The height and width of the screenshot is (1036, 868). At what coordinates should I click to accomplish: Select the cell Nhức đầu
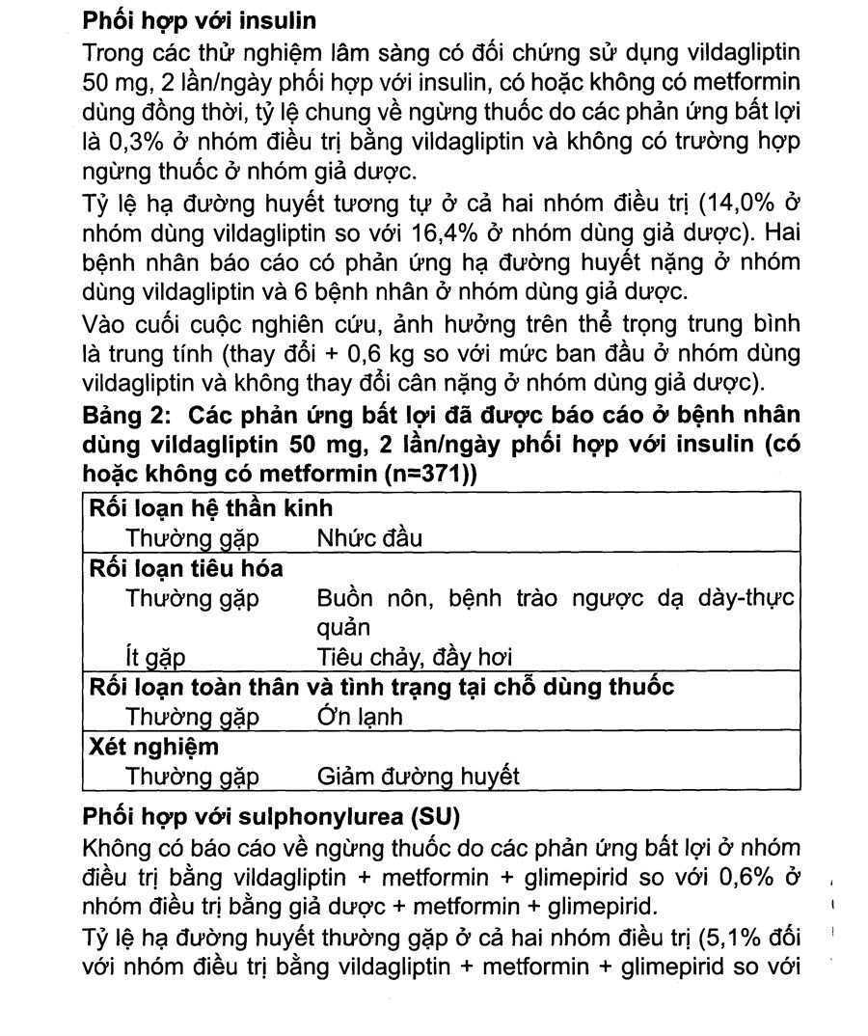pos(369,538)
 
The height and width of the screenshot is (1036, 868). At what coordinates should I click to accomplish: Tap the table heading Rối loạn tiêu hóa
pos(186,568)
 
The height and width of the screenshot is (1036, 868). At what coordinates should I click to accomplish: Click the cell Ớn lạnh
pos(359,717)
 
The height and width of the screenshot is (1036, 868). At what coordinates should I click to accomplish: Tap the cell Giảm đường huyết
pos(418,777)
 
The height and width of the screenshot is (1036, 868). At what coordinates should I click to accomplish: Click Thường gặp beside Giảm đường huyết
pos(193,777)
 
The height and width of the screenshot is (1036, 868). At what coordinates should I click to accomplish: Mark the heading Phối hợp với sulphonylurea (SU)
pos(273,817)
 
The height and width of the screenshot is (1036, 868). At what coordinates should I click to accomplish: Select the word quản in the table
pos(342,628)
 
